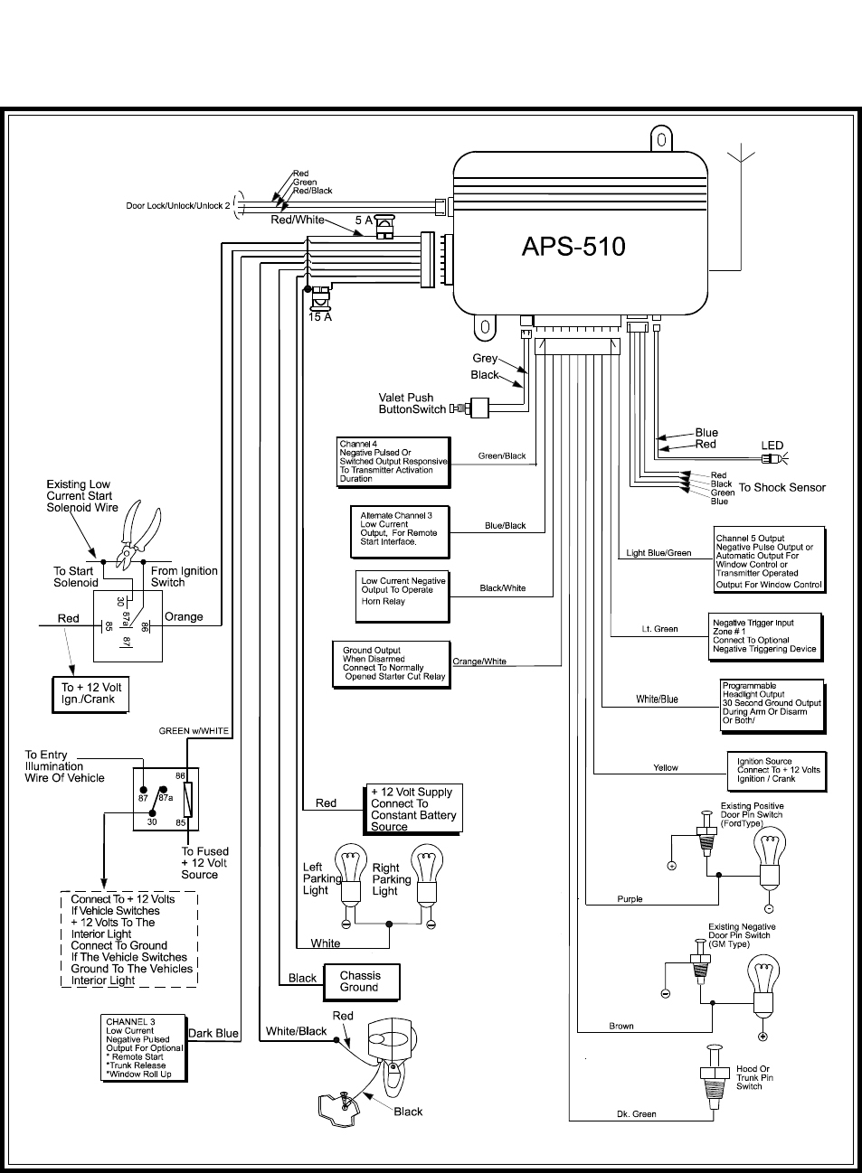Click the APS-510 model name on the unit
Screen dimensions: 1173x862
pos(573,247)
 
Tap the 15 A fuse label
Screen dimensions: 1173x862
pos(320,317)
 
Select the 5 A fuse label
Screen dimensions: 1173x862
pos(364,221)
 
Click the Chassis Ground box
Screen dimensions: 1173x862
pos(361,981)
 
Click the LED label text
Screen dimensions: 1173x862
pos(772,446)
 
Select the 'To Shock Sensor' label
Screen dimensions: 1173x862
pos(781,488)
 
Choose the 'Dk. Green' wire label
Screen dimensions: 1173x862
pos(637,1114)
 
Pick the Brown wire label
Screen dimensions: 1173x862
pos(621,1027)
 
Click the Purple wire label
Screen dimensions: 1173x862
pos(630,899)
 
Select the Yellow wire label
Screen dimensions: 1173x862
pos(666,768)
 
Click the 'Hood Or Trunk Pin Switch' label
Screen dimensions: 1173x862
pos(753,1077)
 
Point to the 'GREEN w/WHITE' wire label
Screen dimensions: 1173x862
pos(194,731)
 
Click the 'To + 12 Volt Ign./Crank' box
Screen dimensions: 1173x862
pos(90,693)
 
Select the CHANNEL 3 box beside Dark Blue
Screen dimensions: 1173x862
pos(144,1047)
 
